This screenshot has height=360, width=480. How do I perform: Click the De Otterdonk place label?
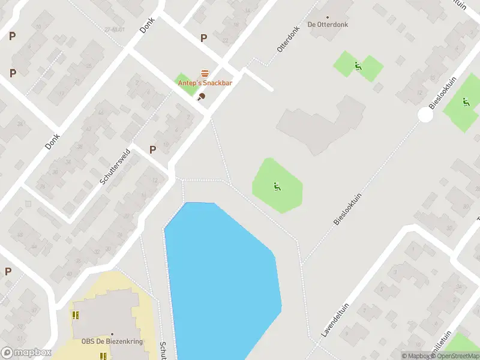tap(328, 25)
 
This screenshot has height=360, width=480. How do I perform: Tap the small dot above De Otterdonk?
tap(328, 17)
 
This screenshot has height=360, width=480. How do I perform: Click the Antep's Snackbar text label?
tap(205, 83)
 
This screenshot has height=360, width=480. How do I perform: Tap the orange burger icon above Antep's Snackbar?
tap(205, 73)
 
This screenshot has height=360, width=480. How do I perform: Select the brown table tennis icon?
tap(202, 96)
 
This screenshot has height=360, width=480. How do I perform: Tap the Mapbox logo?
tap(26, 353)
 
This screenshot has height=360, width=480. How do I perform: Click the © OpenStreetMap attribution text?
tap(455, 356)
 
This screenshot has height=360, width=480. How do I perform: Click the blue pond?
tap(222, 276)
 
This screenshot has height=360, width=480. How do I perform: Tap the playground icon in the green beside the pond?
tap(276, 187)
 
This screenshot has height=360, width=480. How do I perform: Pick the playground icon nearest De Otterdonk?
tap(358, 66)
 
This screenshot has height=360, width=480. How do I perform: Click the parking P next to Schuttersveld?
tap(152, 149)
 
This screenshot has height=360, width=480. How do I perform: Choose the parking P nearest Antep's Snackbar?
tap(203, 38)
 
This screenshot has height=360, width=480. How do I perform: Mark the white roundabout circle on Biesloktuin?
tap(425, 115)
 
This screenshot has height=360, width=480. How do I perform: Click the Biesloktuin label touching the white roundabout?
tap(443, 94)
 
